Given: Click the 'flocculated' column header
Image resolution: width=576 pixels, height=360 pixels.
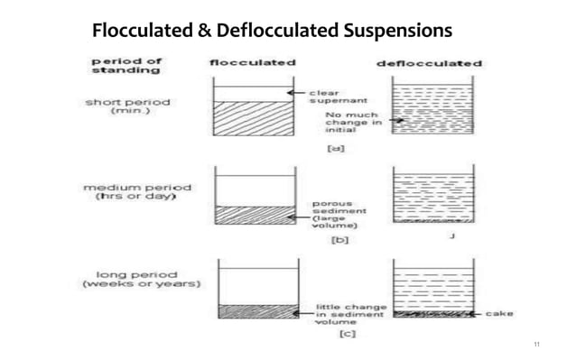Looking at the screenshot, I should tap(253, 63).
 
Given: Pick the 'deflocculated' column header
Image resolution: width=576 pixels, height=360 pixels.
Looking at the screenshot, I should tap(428, 64).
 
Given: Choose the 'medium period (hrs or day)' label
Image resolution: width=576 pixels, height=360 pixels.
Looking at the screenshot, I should tap(127, 191).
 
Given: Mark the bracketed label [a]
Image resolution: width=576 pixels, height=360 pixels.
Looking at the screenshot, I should tap(334, 148).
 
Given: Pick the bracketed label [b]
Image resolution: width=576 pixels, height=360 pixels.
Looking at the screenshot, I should tap(340, 240).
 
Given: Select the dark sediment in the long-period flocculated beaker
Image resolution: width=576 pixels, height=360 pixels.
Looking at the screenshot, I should tap(257, 311).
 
